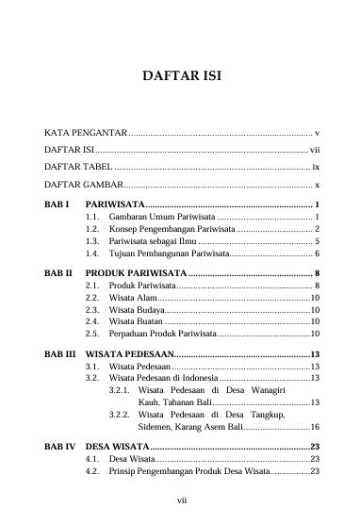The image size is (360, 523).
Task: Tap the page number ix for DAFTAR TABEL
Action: tap(316, 166)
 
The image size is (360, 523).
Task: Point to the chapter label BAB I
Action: tap(57, 204)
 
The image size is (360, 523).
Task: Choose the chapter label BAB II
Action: tap(59, 271)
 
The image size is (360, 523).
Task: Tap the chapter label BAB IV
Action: tap(60, 447)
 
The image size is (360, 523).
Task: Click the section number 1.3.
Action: tap(92, 241)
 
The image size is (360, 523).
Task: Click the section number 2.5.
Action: tap(92, 334)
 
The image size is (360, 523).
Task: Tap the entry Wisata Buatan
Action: tap(138, 321)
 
